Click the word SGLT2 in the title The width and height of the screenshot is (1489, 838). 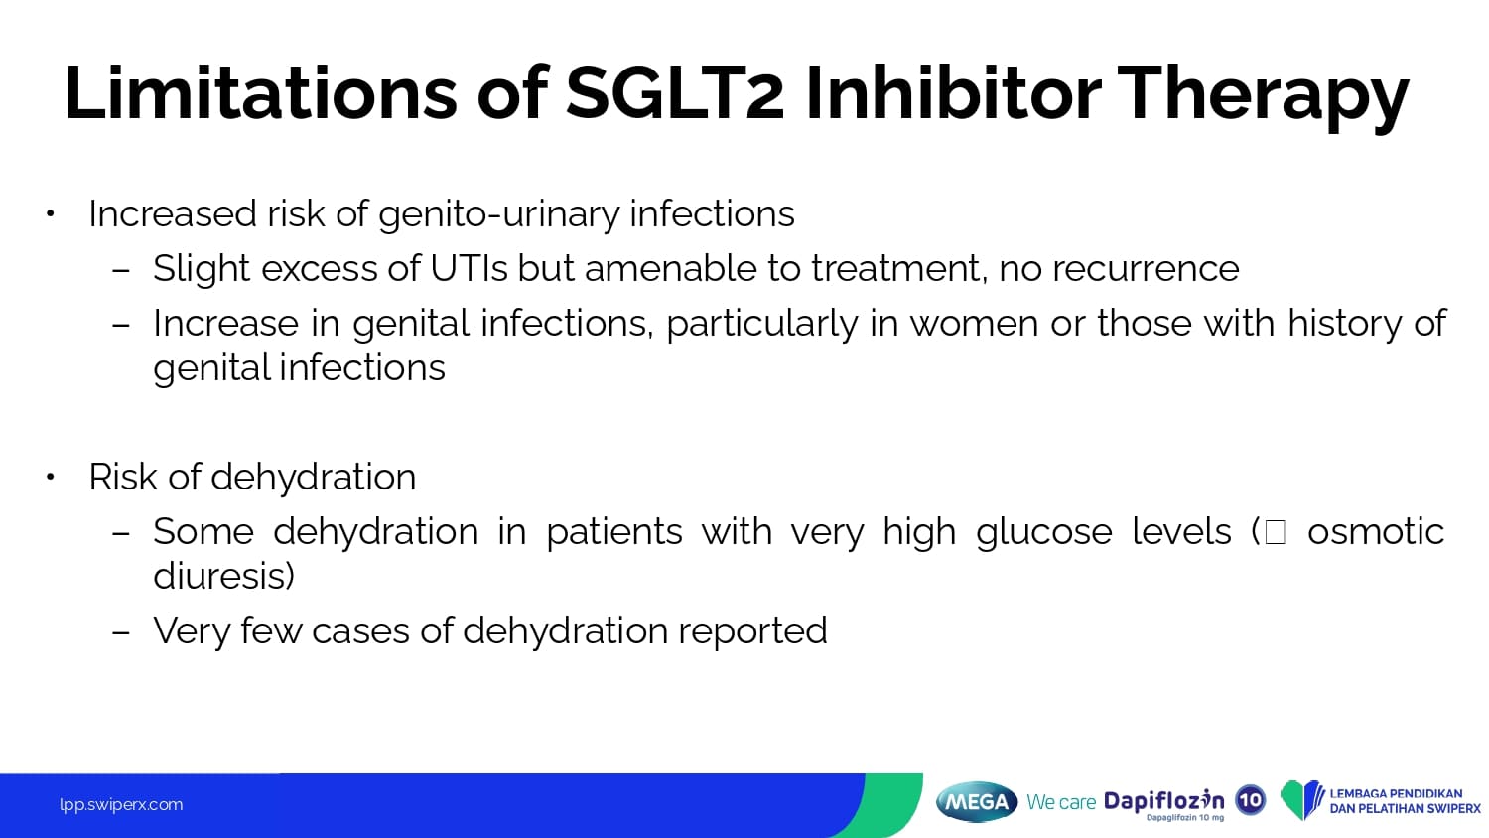675,92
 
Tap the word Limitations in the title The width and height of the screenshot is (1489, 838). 260,92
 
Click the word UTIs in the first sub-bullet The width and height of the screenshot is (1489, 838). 469,268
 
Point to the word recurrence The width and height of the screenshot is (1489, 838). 1146,269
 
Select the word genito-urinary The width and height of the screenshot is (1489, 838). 498,215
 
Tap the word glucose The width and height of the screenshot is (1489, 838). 1044,532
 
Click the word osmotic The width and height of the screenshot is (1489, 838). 1376,531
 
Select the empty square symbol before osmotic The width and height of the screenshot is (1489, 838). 1275,532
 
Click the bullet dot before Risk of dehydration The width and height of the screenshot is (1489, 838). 50,477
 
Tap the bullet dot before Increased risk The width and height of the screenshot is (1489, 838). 50,213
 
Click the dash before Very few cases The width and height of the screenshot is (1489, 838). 121,631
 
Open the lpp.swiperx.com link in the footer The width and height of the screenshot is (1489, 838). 121,805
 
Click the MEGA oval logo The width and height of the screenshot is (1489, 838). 977,801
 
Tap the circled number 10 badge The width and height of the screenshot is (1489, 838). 1251,800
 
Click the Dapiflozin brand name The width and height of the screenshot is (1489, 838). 1164,800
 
